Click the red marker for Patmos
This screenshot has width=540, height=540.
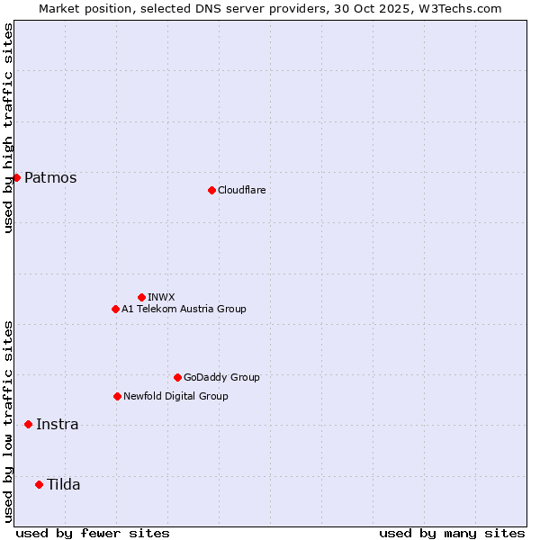16,177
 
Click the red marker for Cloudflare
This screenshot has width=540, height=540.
211,190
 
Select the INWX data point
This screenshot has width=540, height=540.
141,297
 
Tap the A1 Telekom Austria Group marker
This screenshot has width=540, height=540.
115,309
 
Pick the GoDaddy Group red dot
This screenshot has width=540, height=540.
177,377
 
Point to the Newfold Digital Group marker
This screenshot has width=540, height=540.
117,396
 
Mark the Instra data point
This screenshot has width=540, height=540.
28,424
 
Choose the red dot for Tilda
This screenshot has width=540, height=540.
39,484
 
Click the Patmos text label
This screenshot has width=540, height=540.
50,178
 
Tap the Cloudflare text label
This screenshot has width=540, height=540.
241,190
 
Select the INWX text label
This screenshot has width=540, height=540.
161,297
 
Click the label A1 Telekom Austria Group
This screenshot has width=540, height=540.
184,309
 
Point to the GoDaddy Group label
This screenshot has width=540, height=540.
221,377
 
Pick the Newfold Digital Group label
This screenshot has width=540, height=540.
175,396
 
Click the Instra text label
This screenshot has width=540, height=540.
57,425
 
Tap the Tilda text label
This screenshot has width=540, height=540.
63,485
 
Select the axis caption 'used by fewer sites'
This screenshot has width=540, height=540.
93,533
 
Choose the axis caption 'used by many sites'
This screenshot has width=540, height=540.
452,533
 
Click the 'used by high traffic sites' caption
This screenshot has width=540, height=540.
8,127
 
